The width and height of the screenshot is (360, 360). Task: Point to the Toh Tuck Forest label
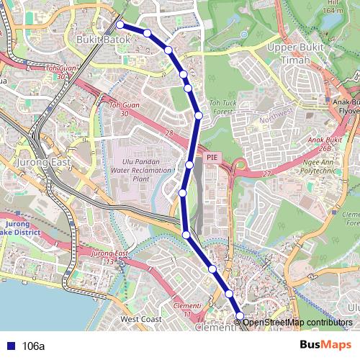click(x=223, y=109)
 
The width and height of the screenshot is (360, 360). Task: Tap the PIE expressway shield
click(x=212, y=156)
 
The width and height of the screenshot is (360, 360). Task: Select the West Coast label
click(x=141, y=318)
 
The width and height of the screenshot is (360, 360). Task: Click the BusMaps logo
click(x=325, y=346)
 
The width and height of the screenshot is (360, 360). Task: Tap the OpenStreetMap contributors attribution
click(x=297, y=322)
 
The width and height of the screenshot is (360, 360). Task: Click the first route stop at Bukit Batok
click(x=120, y=25)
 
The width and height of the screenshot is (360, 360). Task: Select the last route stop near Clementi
click(x=240, y=317)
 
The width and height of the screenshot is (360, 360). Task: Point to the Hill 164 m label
click(x=333, y=7)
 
